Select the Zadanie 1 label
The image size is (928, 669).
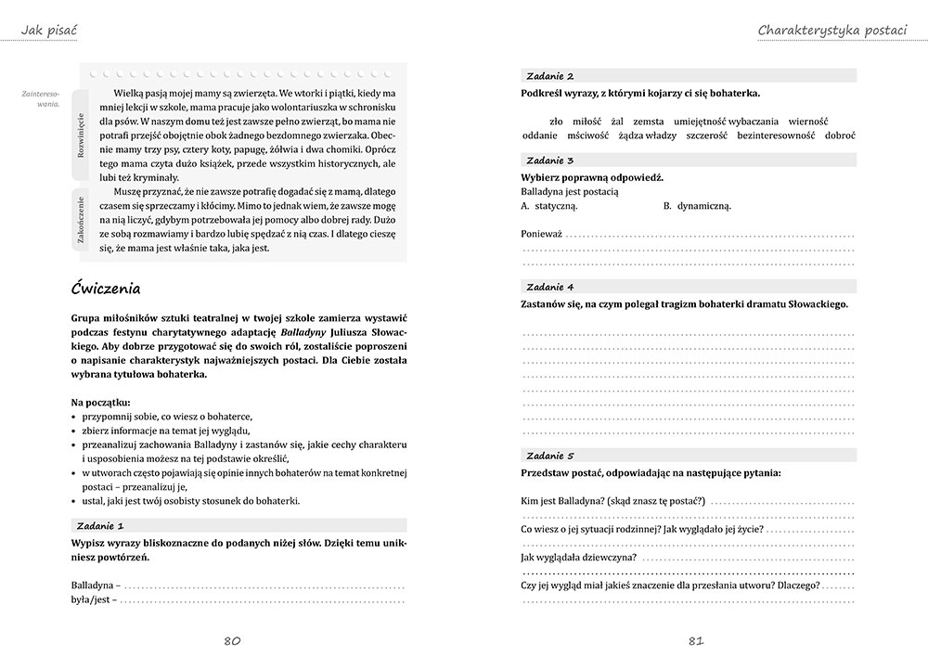coord(103,525)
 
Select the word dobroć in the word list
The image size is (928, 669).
coord(837,135)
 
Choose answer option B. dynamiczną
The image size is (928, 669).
coord(697,206)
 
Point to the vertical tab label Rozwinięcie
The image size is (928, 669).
coord(81,135)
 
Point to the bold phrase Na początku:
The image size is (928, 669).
coord(100,402)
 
